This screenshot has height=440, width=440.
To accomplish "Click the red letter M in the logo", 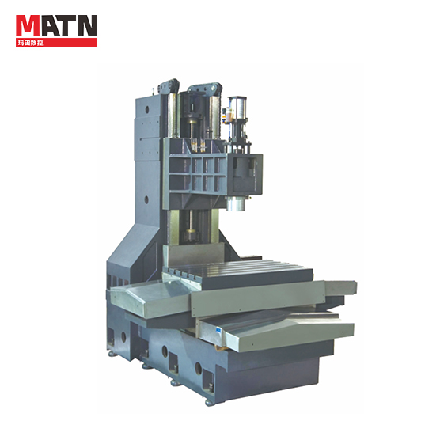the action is click(x=28, y=25).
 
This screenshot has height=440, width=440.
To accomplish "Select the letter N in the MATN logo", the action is click(x=88, y=25).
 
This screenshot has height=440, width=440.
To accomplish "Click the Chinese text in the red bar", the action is click(x=30, y=43).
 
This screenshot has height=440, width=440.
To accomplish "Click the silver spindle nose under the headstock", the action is click(x=236, y=203).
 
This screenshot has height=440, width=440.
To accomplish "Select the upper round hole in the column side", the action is click(x=146, y=109).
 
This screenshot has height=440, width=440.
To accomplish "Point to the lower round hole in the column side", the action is click(x=146, y=200).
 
